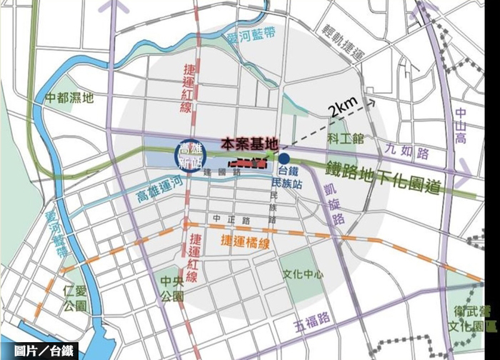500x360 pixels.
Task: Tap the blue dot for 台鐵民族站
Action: [284, 159]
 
